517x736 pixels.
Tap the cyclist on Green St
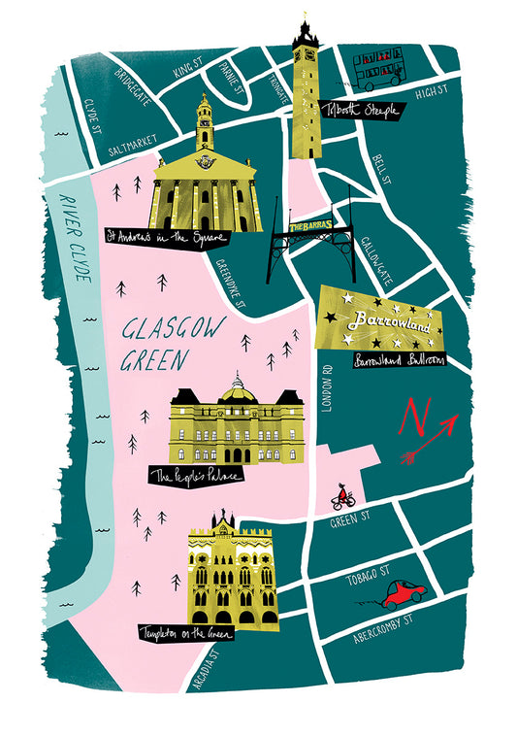click(x=342, y=497)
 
